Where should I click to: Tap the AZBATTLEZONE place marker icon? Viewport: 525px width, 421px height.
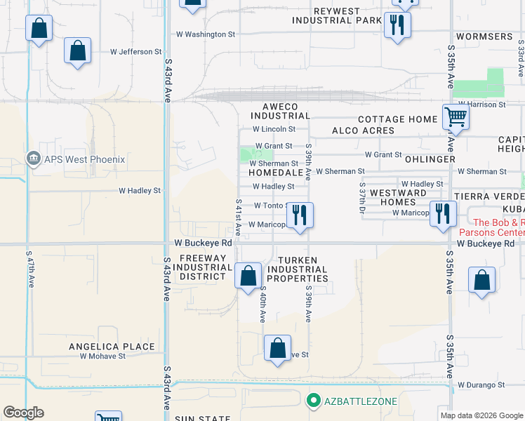pos(314,401)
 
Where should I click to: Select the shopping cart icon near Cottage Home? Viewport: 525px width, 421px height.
pos(456,116)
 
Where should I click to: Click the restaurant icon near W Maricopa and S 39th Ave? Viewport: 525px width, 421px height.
pos(300,215)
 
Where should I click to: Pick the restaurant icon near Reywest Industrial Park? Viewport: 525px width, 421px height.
pos(397,26)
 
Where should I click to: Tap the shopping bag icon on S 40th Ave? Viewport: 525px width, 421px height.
pos(248,275)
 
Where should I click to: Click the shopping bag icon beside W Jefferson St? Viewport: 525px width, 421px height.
pos(77,51)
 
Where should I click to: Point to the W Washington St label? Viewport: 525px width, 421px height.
pos(205,34)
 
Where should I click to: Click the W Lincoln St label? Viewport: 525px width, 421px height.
pos(274,129)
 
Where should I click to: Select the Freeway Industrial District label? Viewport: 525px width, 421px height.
pos(202,267)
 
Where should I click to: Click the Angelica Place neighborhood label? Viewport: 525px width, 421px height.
pos(112,347)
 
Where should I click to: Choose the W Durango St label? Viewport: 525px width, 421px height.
pos(481,385)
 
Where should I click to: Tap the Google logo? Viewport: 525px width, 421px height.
pos(23,413)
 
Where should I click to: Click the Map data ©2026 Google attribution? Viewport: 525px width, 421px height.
pos(481,415)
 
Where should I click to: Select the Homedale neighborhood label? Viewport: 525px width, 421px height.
pos(265,172)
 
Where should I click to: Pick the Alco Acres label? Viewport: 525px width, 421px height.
pos(363,131)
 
